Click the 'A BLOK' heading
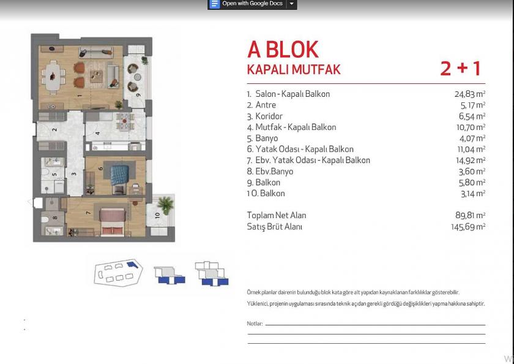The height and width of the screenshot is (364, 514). point(283,49)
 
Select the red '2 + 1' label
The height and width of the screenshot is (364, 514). point(461,68)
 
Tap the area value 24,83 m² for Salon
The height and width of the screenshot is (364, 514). point(469,94)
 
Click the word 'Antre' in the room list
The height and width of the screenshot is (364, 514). point(266,105)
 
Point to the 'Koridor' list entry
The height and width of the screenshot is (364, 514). point(269,116)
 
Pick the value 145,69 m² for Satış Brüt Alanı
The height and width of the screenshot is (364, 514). point(467,226)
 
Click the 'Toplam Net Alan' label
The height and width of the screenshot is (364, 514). point(276,215)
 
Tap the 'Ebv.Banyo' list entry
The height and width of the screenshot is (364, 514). point(274,171)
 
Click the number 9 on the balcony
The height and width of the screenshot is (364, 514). point(138,95)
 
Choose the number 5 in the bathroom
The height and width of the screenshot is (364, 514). point(54,175)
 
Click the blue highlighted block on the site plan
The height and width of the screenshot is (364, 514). point(131,265)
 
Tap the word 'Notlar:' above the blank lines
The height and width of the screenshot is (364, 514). point(255,324)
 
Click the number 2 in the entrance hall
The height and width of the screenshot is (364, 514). point(54,130)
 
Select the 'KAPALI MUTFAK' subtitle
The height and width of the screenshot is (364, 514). point(293,69)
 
